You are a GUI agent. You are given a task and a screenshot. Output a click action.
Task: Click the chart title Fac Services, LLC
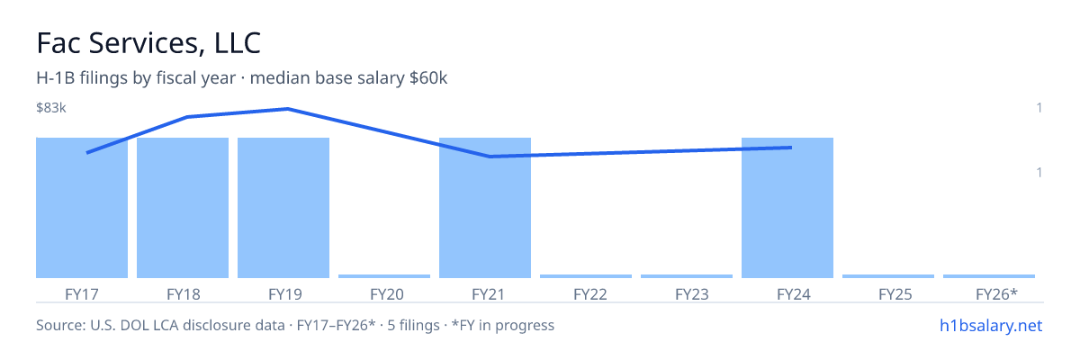148,43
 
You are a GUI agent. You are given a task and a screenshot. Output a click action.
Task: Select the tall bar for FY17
82,208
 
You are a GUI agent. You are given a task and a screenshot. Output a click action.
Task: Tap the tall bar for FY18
183,208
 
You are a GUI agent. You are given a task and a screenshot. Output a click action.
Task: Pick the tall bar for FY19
283,208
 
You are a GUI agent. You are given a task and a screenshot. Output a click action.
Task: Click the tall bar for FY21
485,208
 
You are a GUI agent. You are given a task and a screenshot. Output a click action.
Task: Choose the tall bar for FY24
787,208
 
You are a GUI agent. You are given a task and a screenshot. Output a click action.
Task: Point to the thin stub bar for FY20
384,276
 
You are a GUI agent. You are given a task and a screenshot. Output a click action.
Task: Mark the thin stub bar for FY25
888,276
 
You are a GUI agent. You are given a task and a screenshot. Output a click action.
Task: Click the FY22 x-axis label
590,294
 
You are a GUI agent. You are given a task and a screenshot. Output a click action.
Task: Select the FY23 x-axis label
692,294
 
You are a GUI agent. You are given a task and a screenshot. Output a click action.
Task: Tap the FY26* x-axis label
996,294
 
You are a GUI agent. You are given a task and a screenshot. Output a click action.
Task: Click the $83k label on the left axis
51,108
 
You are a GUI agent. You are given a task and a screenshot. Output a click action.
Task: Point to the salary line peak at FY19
288,109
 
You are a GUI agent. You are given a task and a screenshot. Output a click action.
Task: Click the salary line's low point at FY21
490,156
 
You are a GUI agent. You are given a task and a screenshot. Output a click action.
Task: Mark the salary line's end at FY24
791,148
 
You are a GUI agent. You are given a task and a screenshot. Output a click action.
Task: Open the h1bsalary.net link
991,326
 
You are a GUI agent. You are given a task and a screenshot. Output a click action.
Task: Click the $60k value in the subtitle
428,78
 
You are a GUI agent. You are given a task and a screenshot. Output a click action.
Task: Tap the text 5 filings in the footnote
414,326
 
